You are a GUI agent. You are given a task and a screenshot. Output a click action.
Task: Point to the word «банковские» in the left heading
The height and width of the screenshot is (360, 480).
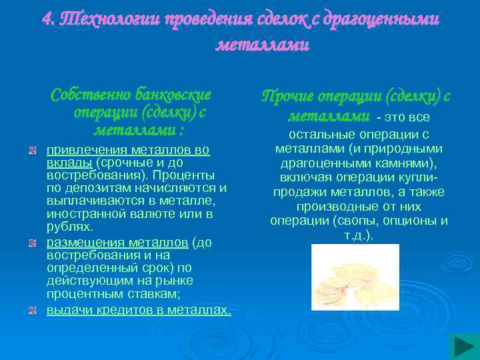173,94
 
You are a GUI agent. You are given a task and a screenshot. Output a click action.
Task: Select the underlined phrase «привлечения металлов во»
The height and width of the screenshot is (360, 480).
128,150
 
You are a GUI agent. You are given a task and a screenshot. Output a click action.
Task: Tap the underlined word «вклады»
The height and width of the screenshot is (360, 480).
70,163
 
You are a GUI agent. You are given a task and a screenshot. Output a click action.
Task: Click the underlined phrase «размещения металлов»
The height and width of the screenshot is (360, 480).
117,243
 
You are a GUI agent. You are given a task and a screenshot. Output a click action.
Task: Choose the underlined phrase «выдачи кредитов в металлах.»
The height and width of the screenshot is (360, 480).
139,310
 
